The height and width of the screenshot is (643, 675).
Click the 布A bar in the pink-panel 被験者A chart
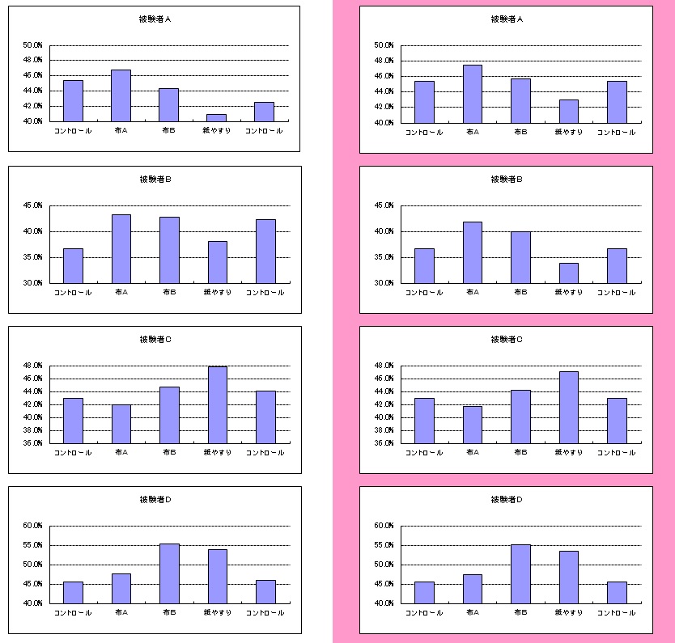(472, 94)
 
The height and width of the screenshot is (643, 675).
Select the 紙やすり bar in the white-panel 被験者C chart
(217, 404)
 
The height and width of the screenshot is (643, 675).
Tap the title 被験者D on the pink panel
(507, 500)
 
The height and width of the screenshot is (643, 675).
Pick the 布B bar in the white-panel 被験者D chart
(169, 573)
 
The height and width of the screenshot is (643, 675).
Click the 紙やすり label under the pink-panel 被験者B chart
(568, 292)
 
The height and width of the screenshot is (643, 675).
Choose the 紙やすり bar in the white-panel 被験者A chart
(217, 118)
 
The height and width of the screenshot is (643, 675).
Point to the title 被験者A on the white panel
(155, 19)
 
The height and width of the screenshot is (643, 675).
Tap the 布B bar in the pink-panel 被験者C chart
(520, 417)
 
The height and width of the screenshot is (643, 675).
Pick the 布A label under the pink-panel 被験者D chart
(472, 613)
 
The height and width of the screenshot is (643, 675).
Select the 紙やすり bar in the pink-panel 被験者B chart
(568, 273)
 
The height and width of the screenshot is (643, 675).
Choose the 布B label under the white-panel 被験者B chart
(169, 292)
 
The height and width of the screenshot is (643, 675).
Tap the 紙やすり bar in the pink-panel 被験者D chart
(568, 577)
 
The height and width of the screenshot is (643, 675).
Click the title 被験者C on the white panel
(155, 340)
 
